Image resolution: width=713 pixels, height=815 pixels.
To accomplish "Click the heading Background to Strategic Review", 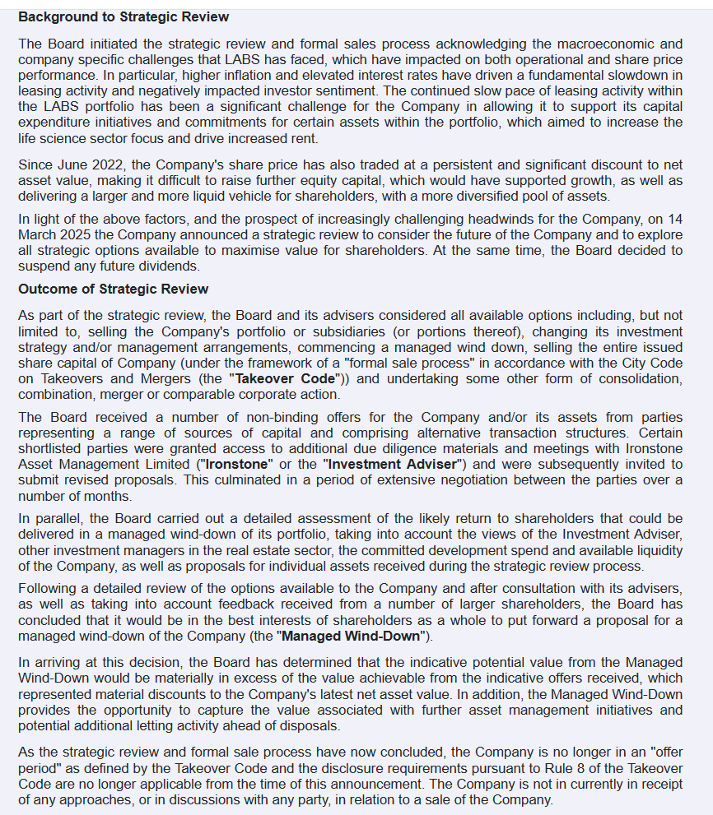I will [123, 16].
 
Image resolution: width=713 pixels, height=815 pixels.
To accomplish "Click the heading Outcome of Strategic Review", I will [113, 289].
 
